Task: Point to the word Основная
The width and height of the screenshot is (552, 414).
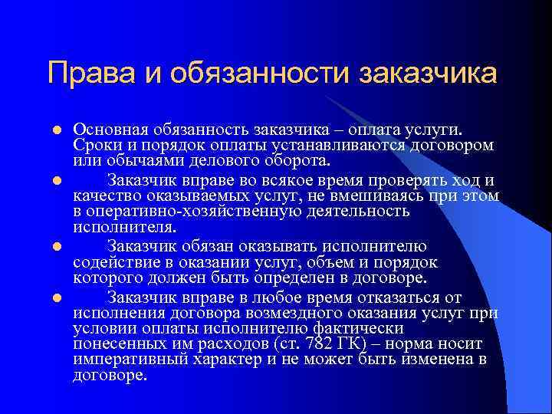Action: pyautogui.click(x=110, y=129)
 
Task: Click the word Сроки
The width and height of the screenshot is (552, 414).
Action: pyautogui.click(x=96, y=145)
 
